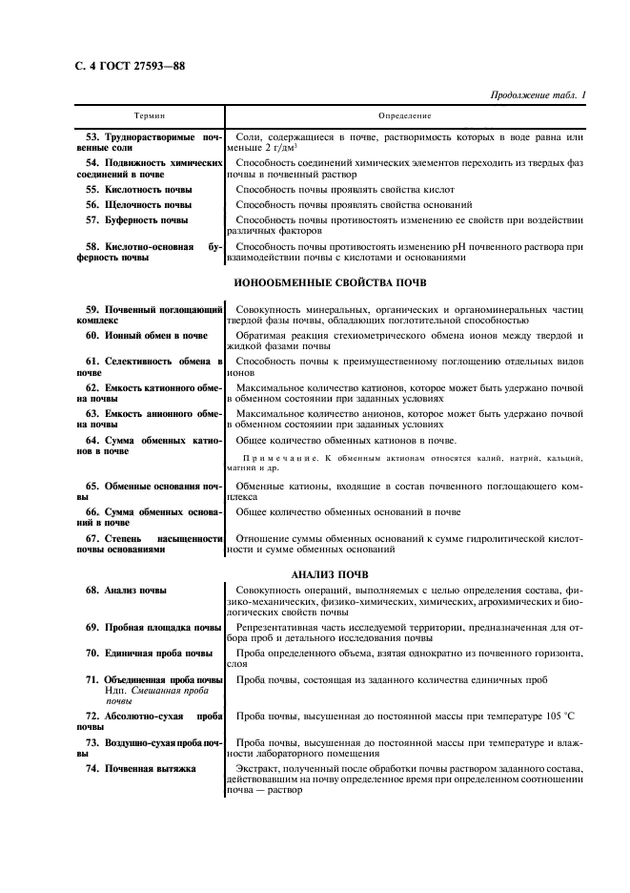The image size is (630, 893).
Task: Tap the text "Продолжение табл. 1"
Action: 537,95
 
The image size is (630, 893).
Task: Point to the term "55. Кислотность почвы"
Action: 138,190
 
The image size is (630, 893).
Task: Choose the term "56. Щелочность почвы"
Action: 137,205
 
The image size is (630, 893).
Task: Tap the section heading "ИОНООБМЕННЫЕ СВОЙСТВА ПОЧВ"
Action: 330,283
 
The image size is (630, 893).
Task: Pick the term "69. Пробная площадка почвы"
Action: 153,627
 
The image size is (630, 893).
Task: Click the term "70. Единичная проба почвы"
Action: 149,654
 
